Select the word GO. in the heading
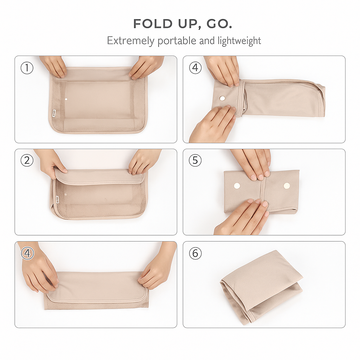[219, 24]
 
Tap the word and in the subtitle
[207, 41]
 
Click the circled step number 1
[27, 68]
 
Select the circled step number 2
[27, 160]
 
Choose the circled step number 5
[195, 160]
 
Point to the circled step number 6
[195, 253]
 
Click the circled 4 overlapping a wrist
[27, 253]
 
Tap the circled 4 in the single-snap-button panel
[195, 68]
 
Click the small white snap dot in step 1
[66, 99]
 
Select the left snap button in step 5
[237, 186]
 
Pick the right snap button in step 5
[287, 186]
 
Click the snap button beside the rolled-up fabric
[222, 98]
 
